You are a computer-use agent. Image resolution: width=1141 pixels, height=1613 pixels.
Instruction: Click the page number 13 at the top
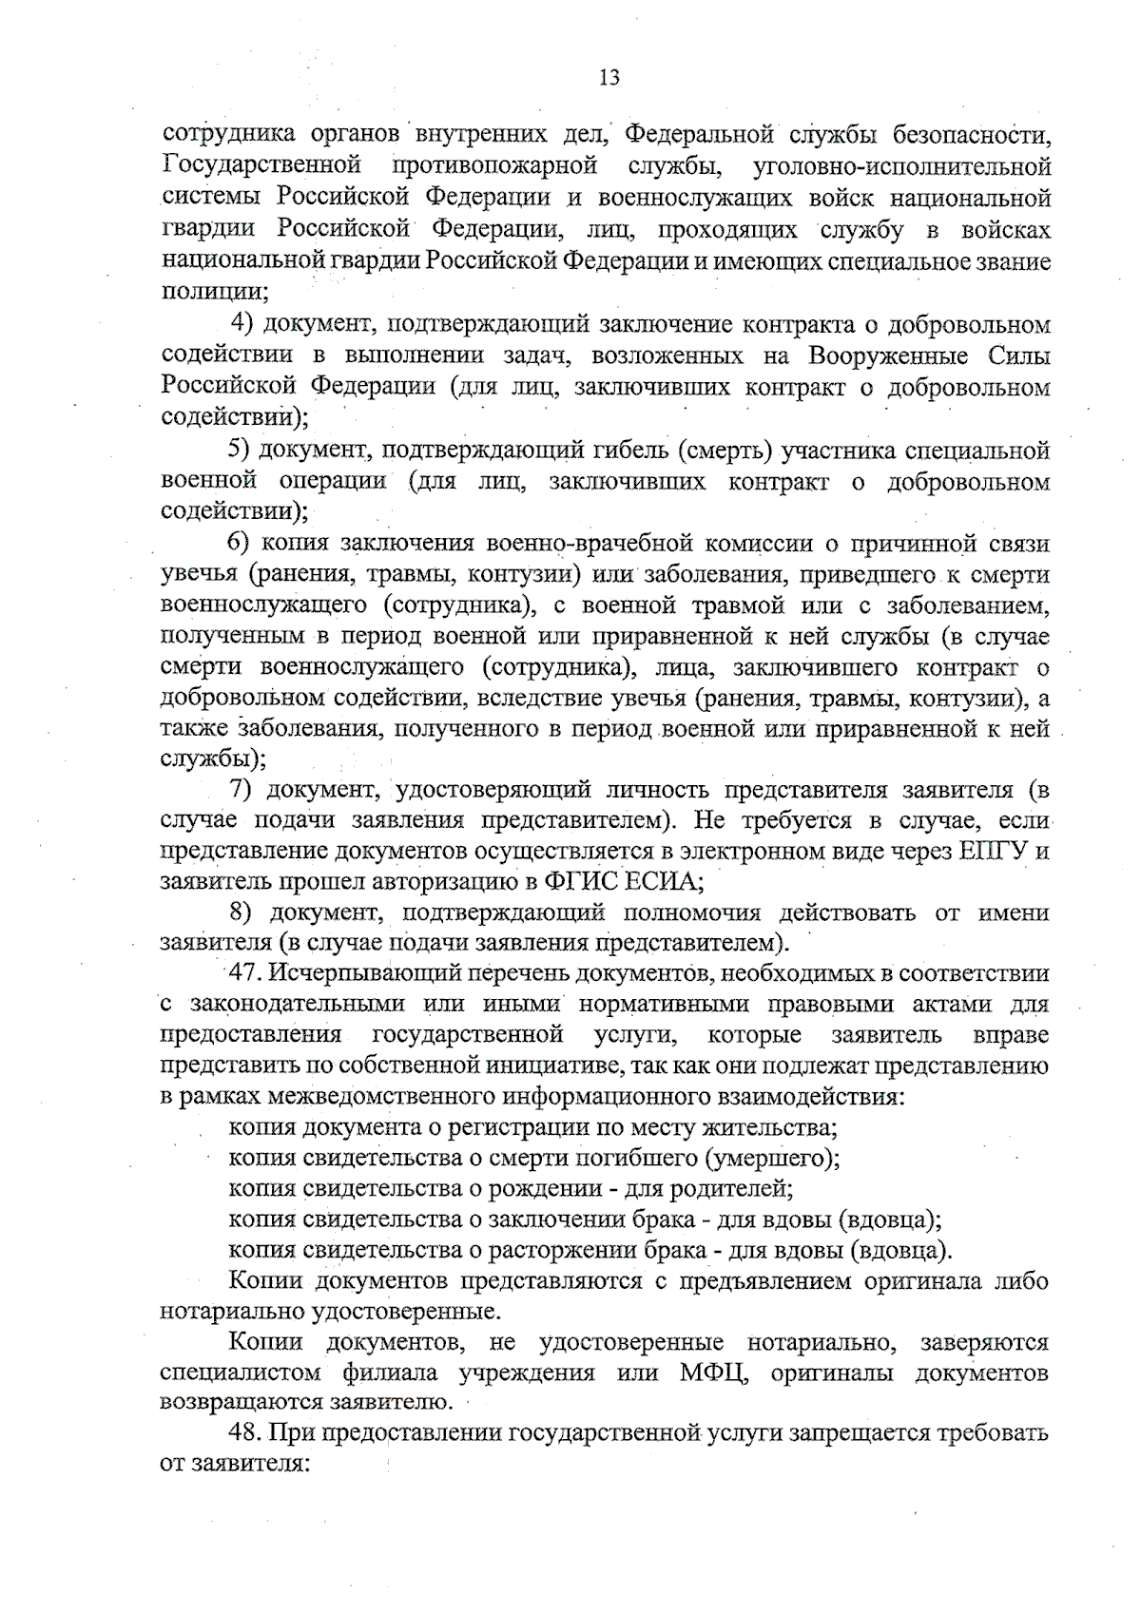[609, 78]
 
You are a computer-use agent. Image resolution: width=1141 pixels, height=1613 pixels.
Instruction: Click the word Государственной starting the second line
[258, 166]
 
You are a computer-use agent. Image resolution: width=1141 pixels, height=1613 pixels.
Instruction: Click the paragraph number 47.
[246, 973]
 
